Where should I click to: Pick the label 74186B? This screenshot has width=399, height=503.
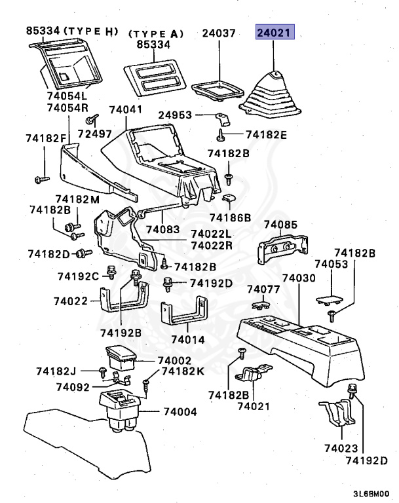230,217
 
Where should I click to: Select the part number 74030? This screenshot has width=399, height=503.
298,278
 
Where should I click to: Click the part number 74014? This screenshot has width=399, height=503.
188,341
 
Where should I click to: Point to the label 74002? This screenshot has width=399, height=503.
174,361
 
